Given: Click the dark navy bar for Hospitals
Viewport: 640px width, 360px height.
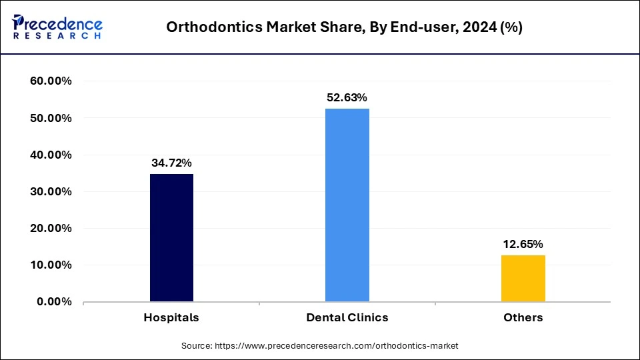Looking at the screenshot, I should click(x=171, y=238).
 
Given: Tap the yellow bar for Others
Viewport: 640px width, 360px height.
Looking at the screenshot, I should click(x=523, y=278).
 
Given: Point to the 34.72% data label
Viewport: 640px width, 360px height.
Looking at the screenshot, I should click(x=171, y=163).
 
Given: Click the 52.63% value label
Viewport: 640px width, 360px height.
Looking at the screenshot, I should click(x=347, y=97).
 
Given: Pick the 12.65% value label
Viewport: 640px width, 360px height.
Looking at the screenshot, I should click(x=523, y=244).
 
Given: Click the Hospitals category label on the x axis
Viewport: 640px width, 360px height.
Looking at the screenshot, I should click(x=171, y=317).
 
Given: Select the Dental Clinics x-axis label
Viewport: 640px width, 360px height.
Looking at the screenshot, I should click(x=347, y=317).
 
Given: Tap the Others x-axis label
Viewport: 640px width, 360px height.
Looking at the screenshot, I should click(x=523, y=317).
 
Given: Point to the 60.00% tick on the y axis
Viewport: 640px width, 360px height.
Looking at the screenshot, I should click(x=51, y=81).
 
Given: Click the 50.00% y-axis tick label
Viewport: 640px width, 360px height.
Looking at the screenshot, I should click(x=51, y=118).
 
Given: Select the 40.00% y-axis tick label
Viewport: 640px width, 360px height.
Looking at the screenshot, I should click(x=51, y=155).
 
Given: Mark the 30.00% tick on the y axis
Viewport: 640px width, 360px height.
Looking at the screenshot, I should click(x=51, y=191).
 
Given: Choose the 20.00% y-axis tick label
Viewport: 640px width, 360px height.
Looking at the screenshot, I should click(x=51, y=228).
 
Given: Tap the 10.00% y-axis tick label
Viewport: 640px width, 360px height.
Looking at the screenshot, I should click(x=51, y=265).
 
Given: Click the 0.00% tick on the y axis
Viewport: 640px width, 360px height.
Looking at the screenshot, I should click(x=54, y=301).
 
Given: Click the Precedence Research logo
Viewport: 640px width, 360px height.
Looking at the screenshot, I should click(x=57, y=27).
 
